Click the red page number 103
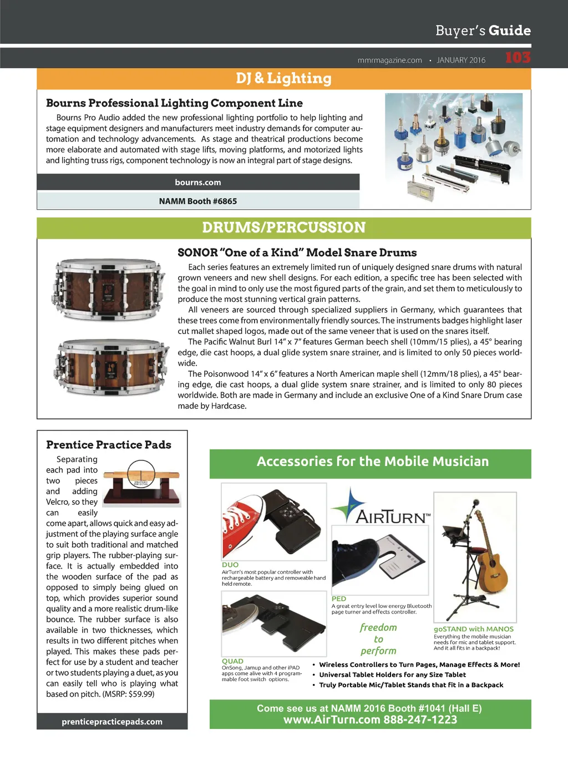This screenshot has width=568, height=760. tap(518, 58)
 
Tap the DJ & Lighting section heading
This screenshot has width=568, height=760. tap(283, 79)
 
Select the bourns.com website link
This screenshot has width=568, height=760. tap(198, 183)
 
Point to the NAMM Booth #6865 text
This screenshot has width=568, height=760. tap(198, 201)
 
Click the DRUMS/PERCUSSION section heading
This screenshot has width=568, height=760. tap(283, 227)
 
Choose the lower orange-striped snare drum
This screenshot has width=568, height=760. tap(110, 367)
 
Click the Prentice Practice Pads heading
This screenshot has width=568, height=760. tap(109, 445)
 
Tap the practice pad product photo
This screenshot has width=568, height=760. tap(142, 483)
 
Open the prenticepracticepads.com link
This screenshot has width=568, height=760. tap(112, 722)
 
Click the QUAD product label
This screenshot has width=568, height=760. tap(232, 661)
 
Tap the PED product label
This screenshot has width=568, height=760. tap(339, 599)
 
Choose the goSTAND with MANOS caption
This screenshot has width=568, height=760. tap(474, 629)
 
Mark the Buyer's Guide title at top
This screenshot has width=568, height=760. tap(483, 31)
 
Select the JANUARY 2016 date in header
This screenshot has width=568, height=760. tap(461, 60)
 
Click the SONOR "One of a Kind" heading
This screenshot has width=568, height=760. tap(297, 253)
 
